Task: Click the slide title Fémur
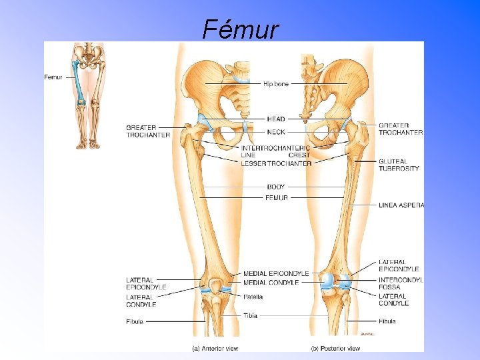(x=241, y=29)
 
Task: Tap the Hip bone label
(x=275, y=84)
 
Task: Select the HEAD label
(x=275, y=119)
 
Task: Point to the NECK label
(x=275, y=132)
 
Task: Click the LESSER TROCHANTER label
(x=276, y=163)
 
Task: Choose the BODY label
(x=275, y=187)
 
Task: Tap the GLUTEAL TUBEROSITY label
(x=399, y=165)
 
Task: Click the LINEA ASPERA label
(x=401, y=205)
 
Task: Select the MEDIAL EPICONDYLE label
(x=276, y=273)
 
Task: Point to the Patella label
(x=253, y=297)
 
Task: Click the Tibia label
(x=250, y=315)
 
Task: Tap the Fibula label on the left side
(x=135, y=321)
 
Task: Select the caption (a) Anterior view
(x=215, y=348)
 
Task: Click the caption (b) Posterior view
(x=335, y=348)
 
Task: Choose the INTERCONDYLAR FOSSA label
(x=400, y=284)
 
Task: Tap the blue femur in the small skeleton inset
(x=79, y=83)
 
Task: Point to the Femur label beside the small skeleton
(x=53, y=77)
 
